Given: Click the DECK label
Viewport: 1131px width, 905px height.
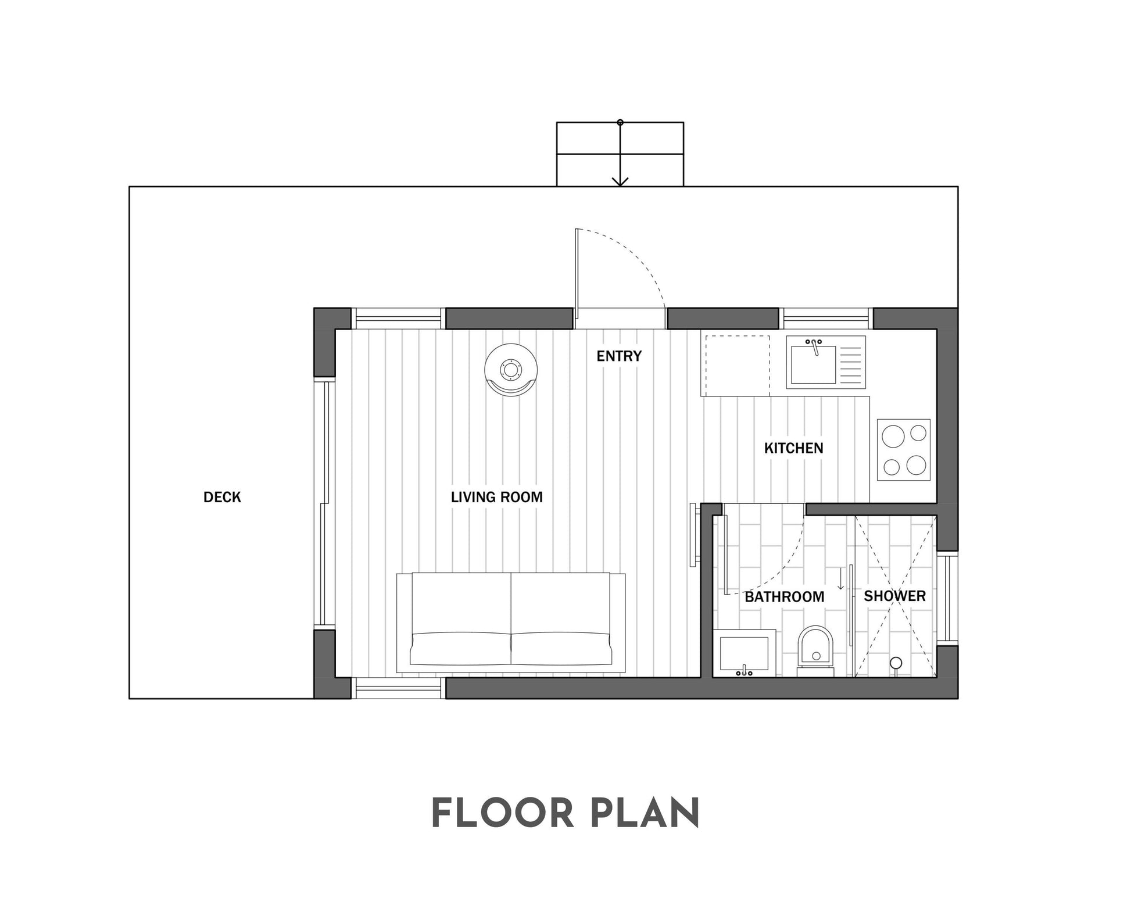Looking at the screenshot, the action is click(x=222, y=497).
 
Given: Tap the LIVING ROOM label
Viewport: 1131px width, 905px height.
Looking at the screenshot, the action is click(x=497, y=497).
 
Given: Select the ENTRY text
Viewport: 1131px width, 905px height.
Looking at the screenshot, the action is click(x=619, y=356).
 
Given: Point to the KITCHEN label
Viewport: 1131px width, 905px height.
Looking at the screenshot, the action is click(x=793, y=448).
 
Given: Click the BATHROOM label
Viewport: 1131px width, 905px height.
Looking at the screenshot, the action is click(x=784, y=597).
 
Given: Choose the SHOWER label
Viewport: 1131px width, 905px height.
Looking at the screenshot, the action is click(x=894, y=596).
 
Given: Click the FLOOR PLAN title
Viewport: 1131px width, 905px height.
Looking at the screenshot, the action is click(x=565, y=813).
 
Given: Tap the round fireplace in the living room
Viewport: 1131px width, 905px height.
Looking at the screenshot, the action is click(x=511, y=370).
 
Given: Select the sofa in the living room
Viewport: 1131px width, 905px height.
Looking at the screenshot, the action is click(x=511, y=623).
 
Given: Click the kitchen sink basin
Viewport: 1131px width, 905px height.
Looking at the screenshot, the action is click(x=813, y=364).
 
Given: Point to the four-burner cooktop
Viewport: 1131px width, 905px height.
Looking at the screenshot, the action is click(x=903, y=449).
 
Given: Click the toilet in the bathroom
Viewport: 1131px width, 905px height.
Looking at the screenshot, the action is click(x=815, y=651).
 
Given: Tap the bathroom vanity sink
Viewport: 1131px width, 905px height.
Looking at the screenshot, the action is click(x=745, y=653).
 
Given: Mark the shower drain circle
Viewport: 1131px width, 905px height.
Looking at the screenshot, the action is click(x=896, y=662).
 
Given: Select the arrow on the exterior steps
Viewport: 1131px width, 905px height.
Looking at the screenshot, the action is click(x=620, y=153).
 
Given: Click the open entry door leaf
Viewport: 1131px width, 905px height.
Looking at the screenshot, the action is click(x=577, y=274).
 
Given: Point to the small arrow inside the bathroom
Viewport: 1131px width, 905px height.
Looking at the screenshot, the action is click(x=840, y=579).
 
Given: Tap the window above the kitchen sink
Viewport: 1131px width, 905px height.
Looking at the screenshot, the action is click(x=826, y=319).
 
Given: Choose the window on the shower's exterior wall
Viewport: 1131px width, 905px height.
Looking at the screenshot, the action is click(x=947, y=598).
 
